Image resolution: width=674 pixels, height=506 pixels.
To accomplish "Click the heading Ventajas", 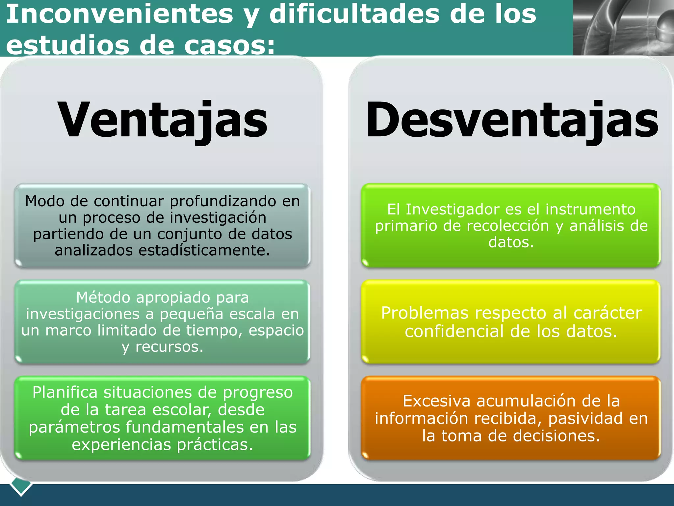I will [163, 120].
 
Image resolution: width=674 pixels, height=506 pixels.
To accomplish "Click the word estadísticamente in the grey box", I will [204, 250].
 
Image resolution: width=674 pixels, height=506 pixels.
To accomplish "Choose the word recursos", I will [169, 347].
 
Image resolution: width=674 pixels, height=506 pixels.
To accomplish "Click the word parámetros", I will [74, 427].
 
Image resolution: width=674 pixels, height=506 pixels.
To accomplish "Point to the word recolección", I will [508, 226].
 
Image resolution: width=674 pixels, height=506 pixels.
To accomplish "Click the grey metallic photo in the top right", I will [623, 27].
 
